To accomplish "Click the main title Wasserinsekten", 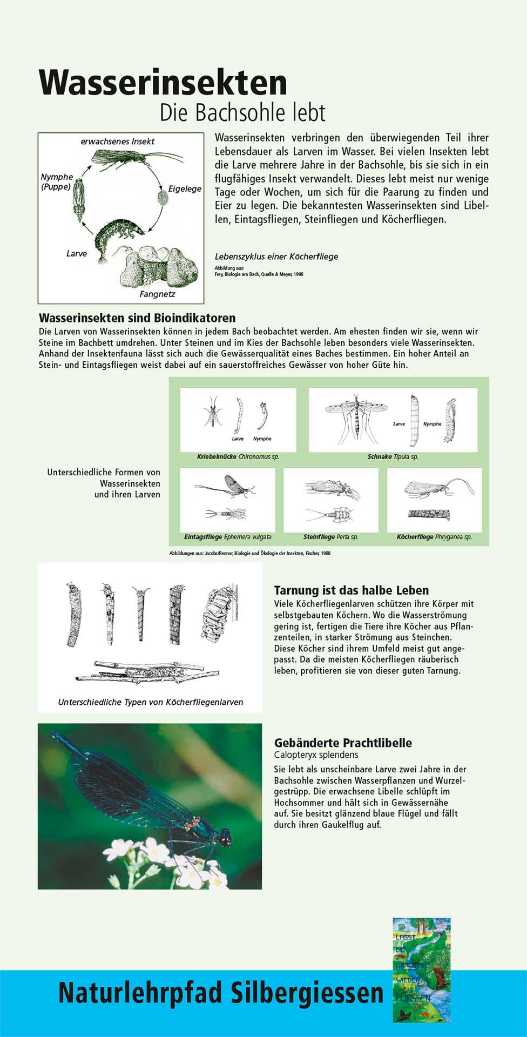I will click(x=163, y=83).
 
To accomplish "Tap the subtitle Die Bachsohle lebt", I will click(x=242, y=113).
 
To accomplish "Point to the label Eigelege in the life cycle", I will click(x=185, y=188).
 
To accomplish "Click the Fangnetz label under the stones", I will click(x=157, y=294).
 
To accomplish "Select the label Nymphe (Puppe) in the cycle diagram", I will click(x=57, y=181).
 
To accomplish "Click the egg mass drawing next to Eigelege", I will click(x=162, y=197).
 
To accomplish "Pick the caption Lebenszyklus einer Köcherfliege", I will click(x=276, y=257).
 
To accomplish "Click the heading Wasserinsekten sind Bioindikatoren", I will click(x=137, y=318).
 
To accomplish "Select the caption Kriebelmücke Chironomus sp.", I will click(x=238, y=457).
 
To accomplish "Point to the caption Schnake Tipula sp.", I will click(x=393, y=457).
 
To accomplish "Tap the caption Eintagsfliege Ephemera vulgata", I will click(x=228, y=537).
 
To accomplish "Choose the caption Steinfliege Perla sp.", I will click(x=330, y=537).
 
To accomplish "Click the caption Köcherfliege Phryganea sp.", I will click(x=434, y=537).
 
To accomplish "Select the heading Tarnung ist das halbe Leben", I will click(x=352, y=590).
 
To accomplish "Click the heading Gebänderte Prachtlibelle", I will click(x=343, y=743).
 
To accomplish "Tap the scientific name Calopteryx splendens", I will click(x=316, y=755).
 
